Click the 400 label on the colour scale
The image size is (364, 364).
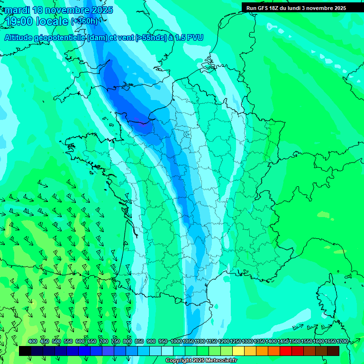(x=33, y=341)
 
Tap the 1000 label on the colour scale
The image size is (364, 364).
(x=176, y=341)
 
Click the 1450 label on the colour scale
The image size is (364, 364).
(x=283, y=341)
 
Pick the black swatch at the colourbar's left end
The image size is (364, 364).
(x=25, y=351)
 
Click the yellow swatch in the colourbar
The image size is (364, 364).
(x=238, y=351)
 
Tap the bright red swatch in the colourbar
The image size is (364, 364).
(x=286, y=351)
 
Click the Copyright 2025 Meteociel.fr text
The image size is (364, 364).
(x=201, y=361)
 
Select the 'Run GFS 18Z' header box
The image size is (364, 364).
(x=296, y=8)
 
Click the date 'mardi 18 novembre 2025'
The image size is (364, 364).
(x=59, y=10)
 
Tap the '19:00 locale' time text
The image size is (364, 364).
(x=37, y=21)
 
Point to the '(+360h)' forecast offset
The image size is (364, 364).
(x=84, y=21)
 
